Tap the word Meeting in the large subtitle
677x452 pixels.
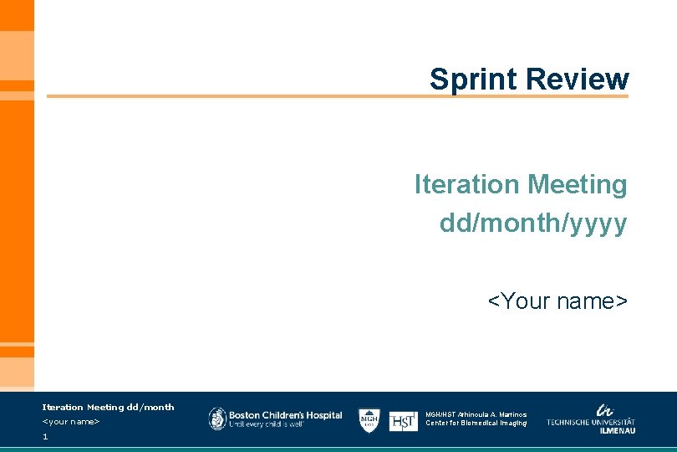tap(576, 184)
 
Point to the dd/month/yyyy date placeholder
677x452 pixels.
tap(533, 223)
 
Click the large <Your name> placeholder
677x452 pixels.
tap(557, 300)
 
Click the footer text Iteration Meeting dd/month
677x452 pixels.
tap(108, 408)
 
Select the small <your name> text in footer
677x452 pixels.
tap(71, 422)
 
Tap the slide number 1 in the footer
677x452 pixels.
tap(45, 437)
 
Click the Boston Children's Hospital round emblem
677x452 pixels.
tap(217, 419)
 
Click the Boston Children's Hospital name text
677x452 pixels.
tap(286, 414)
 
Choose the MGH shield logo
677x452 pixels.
tap(369, 419)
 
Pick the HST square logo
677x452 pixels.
tap(403, 421)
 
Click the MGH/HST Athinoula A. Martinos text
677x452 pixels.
tap(476, 414)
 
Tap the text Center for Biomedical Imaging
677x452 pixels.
tap(476, 424)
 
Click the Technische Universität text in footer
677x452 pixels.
tap(591, 422)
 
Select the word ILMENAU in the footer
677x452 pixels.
tap(618, 430)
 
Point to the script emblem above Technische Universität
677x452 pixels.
tap(603, 409)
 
